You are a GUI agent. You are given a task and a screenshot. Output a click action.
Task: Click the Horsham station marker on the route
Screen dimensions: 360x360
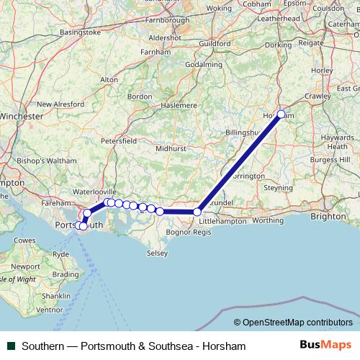(x=281, y=114)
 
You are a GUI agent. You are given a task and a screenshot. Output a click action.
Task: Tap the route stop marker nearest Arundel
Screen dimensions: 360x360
(x=197, y=212)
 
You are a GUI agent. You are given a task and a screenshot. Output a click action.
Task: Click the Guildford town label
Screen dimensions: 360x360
(x=215, y=43)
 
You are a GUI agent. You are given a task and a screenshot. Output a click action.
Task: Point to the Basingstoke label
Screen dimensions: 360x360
(x=81, y=32)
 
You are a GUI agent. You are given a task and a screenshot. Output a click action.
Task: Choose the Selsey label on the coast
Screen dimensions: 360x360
(x=156, y=253)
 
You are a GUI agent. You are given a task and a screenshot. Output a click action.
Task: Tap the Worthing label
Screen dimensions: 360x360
(x=269, y=221)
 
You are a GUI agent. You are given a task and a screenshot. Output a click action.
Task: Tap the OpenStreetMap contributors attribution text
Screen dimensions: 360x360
(x=293, y=323)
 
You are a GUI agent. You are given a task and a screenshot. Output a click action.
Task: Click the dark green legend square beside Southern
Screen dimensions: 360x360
(x=10, y=346)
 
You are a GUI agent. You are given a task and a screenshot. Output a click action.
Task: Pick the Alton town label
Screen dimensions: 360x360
(x=109, y=80)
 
